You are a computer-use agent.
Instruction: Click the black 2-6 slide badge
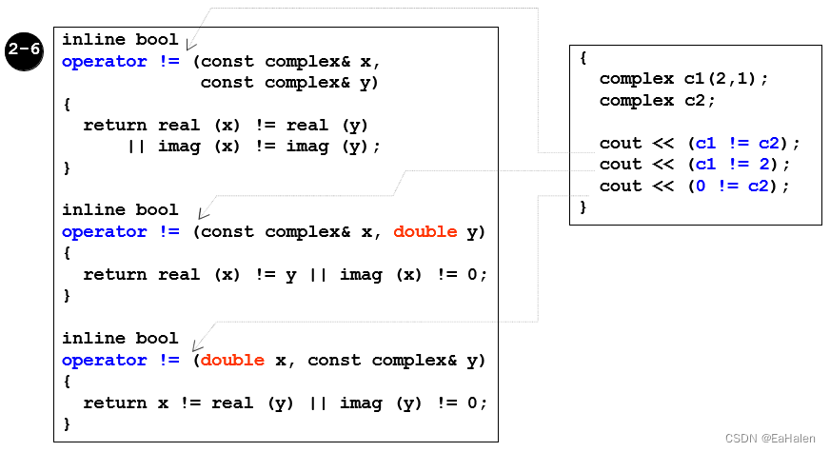[x=24, y=51]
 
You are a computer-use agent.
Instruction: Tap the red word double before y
[x=425, y=231]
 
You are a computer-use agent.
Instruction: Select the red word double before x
[x=233, y=360]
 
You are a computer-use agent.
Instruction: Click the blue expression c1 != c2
[x=737, y=143]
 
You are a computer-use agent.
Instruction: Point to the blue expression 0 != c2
[x=731, y=186]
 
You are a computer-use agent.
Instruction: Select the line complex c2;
[x=657, y=100]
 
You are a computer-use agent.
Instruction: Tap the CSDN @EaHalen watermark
[x=771, y=439]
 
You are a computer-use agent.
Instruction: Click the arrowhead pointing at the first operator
[x=190, y=45]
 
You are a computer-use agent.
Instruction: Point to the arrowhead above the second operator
[x=202, y=214]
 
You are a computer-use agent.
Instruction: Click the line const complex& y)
[x=289, y=83]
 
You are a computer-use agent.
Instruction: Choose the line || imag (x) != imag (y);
[x=254, y=146]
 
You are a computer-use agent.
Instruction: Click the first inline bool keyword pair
[x=120, y=40]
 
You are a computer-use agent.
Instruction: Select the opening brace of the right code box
[x=583, y=57]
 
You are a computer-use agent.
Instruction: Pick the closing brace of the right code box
[x=583, y=206]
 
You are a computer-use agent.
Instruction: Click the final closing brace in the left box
[x=67, y=423]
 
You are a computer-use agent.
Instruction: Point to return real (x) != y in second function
[x=190, y=274]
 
